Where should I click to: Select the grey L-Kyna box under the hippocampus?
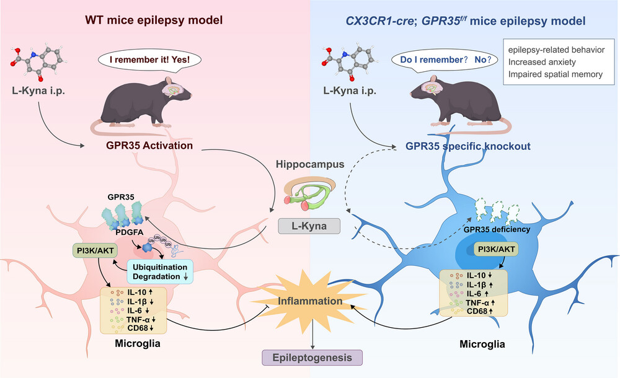(x=309, y=226)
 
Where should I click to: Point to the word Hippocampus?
(x=309, y=165)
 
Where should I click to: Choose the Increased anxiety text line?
(x=541, y=62)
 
